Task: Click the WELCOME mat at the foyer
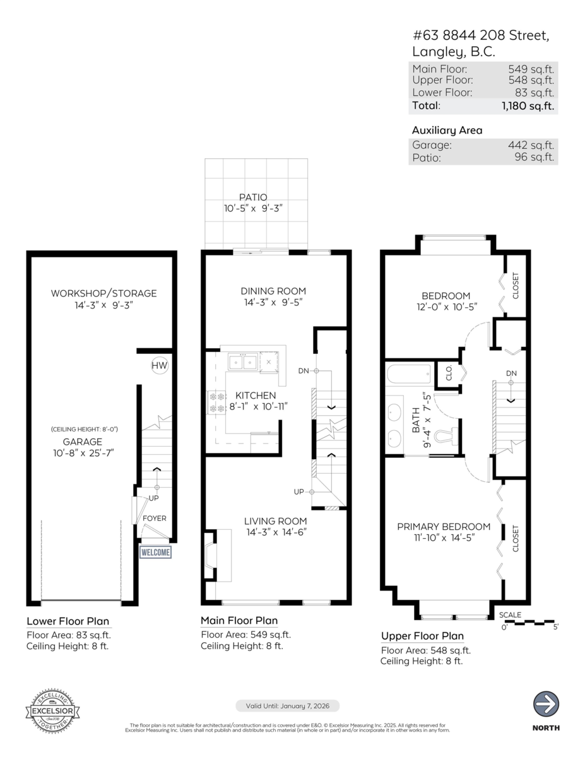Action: (155, 552)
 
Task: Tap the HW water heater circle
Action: (159, 365)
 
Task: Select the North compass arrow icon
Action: (547, 703)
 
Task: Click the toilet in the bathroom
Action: (448, 436)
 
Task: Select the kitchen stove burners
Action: (217, 402)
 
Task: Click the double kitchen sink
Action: (242, 362)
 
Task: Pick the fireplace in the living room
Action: (210, 555)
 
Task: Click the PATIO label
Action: (256, 197)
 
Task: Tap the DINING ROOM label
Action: (273, 291)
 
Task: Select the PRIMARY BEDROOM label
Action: (444, 527)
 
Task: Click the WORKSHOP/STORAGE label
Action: (103, 293)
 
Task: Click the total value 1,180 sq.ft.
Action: (528, 106)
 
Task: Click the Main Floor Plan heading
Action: (239, 621)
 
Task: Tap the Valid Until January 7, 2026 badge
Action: (288, 705)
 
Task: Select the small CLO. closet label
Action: (449, 375)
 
